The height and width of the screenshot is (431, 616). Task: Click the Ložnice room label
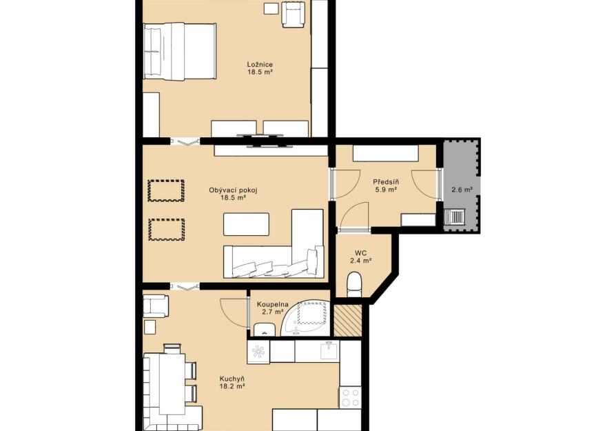pos(260,65)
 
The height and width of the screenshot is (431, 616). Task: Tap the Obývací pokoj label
pos(234,190)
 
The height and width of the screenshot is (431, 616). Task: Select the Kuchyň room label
pos(232,379)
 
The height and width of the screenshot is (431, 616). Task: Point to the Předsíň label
pos(386,182)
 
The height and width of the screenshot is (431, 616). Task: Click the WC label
pos(360,253)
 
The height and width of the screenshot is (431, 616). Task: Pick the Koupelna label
pos(273,304)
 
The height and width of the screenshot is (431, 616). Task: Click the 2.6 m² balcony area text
pos(462,190)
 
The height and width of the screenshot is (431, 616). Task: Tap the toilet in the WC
pos(355,285)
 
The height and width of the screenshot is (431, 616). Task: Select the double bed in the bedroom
pos(180,51)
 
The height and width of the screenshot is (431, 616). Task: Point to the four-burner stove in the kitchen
pos(350,397)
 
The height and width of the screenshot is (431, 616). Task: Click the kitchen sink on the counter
pos(329,350)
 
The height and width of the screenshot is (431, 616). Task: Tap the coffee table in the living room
pos(246,224)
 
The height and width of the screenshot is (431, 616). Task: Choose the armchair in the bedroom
pos(294,14)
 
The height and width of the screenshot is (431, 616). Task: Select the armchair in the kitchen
pos(156,306)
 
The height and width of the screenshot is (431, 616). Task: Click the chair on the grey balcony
pos(455,217)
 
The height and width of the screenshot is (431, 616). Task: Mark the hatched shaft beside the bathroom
pos(347,321)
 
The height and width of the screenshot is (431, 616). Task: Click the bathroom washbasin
pos(264,329)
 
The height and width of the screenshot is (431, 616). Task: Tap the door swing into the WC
pos(355,217)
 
